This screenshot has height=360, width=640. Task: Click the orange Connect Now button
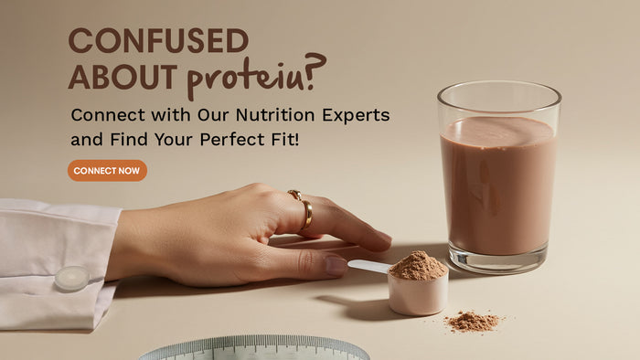[x=107, y=171]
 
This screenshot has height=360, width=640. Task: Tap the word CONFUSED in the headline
[x=158, y=41]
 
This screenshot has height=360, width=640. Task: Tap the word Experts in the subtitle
[x=357, y=116]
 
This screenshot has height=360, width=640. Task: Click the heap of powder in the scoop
[x=419, y=266]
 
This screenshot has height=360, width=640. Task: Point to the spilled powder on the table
[x=474, y=321]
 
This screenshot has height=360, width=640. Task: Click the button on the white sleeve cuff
[x=70, y=277]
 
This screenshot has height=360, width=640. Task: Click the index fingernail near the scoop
[x=336, y=266]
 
